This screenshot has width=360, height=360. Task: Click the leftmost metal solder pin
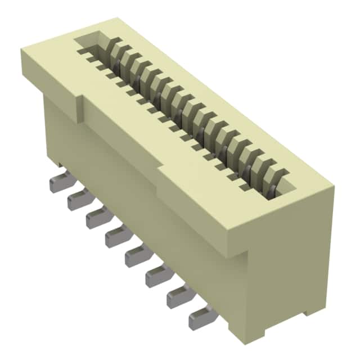point(59,183)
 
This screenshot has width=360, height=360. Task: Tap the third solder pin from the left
point(96,218)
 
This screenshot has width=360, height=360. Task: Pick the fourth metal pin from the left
point(115,237)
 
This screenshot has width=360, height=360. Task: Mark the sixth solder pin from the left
point(156,276)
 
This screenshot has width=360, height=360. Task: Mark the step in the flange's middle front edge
point(163,165)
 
